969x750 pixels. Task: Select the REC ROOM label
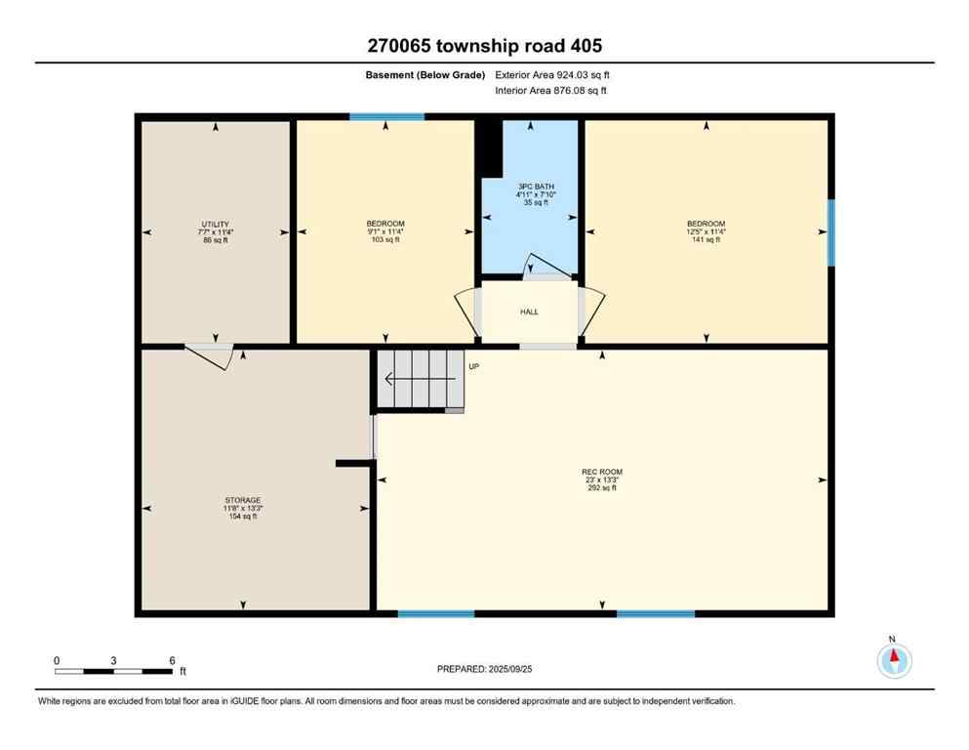(x=601, y=472)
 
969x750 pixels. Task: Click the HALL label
(x=528, y=312)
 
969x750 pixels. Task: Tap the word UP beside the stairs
(x=474, y=367)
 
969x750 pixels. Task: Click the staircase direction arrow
(x=420, y=379)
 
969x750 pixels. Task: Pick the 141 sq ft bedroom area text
(x=706, y=239)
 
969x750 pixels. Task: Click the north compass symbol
(x=894, y=661)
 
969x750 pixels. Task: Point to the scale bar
(x=114, y=671)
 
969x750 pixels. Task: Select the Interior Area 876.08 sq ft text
(x=551, y=90)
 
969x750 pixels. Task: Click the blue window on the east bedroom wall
(x=830, y=232)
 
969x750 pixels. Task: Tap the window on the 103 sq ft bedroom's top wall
(x=387, y=117)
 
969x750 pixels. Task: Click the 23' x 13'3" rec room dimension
(x=601, y=480)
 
